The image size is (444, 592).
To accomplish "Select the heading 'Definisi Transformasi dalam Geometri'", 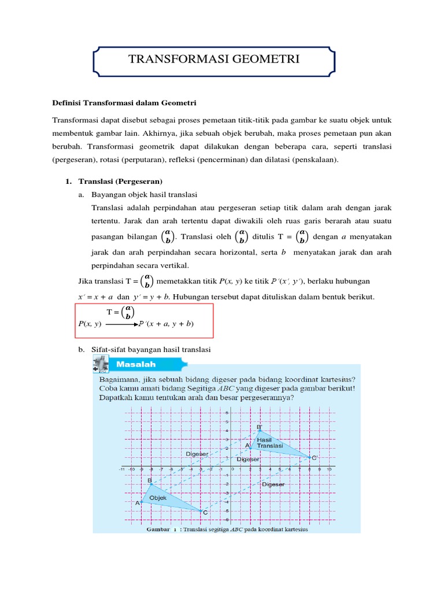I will coord(125,103).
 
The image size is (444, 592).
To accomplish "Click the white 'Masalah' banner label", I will coord(137,365).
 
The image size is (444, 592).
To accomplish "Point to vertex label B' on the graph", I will coord(260,427).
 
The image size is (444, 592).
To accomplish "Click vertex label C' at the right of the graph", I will coord(314,458).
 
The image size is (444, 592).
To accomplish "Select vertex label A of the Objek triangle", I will coord(138,503).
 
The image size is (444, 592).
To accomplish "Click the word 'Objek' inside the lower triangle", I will coord(158,497).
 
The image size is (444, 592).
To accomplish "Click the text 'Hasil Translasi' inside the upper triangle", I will coord(269,443).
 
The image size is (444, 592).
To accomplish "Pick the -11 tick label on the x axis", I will coord(123,469).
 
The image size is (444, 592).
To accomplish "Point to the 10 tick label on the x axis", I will coord(329,469).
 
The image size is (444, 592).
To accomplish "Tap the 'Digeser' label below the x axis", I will coord(273,484).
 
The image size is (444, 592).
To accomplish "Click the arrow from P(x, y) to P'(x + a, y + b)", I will coord(123,324).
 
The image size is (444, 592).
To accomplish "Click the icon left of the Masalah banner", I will coord(101,364).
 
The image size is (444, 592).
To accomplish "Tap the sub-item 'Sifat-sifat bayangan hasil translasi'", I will coord(152,350).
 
